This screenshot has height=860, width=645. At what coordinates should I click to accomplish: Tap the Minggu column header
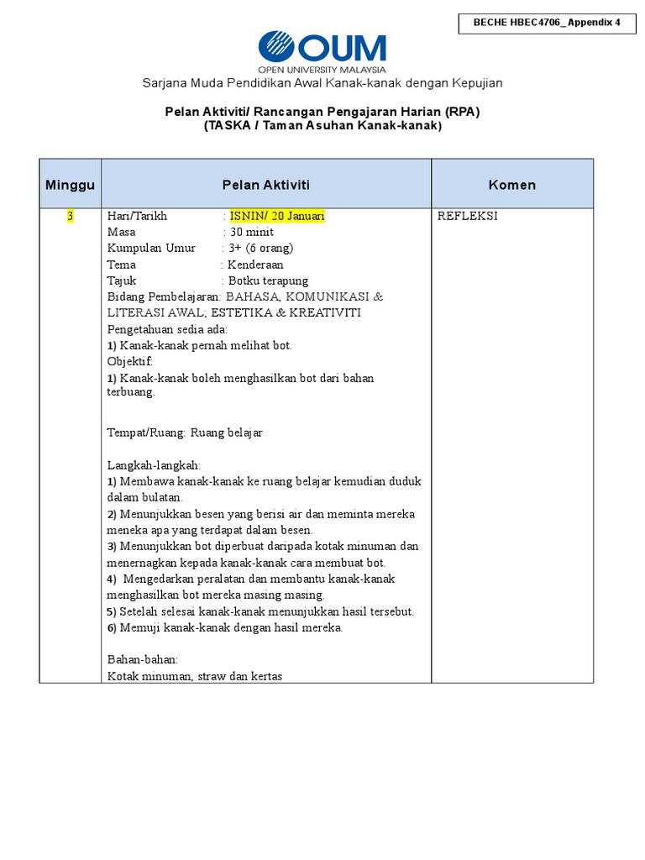tap(70, 185)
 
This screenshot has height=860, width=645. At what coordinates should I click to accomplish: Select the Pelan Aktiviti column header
tap(266, 185)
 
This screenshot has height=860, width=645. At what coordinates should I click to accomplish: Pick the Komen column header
tap(512, 185)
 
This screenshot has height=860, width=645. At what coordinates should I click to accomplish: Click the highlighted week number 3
tap(71, 216)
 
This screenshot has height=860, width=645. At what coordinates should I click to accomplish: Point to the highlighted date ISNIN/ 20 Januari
tap(277, 216)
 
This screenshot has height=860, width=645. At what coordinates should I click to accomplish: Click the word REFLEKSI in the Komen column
tap(468, 216)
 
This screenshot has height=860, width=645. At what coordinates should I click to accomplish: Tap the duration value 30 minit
tap(252, 232)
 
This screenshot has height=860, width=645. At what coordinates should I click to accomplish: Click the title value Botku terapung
tap(268, 281)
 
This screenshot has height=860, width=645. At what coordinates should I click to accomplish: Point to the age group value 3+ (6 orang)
tap(261, 248)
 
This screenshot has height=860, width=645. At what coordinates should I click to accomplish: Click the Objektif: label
tap(130, 361)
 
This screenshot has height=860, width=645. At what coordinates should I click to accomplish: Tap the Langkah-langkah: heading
tap(154, 465)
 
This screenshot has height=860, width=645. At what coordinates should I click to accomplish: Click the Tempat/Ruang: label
tap(146, 433)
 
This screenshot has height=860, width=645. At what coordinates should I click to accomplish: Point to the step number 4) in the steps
tap(112, 579)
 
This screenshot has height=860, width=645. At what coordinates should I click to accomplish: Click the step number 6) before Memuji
tap(112, 627)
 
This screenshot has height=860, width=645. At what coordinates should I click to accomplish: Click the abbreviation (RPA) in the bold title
tap(463, 111)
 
